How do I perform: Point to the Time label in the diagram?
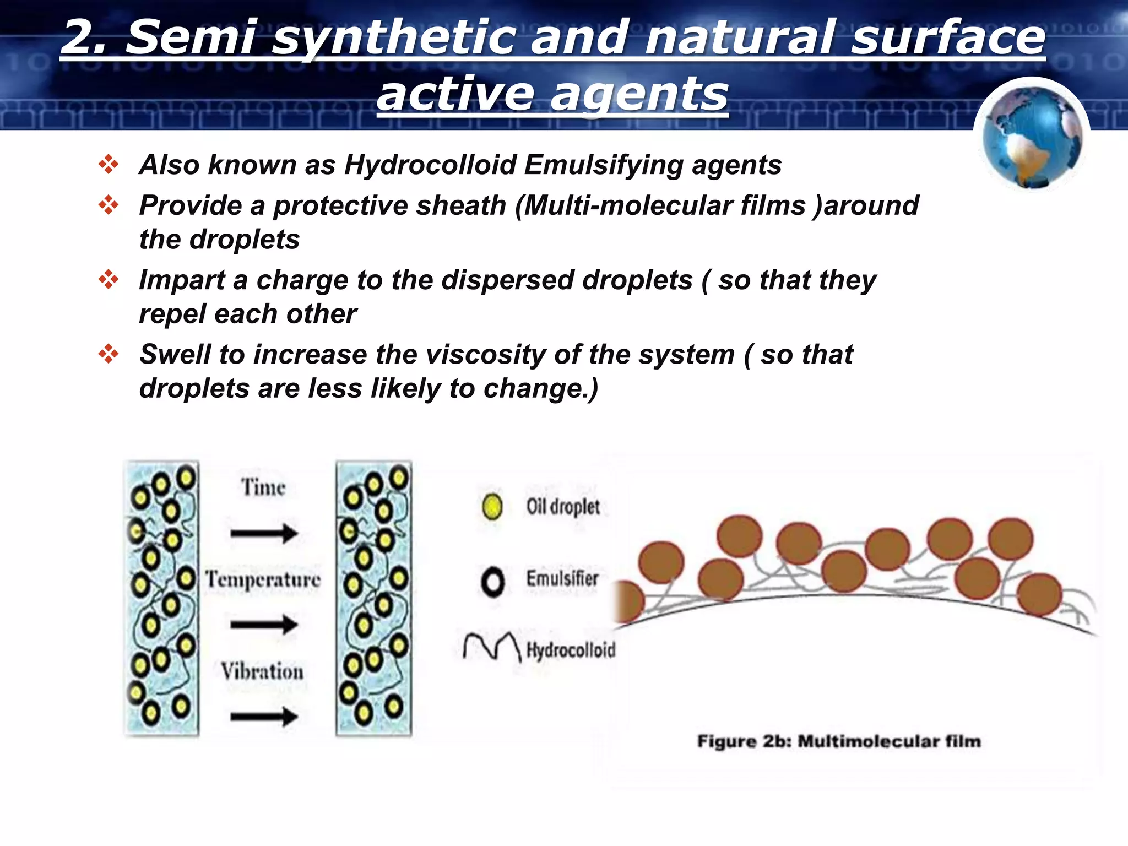pyautogui.click(x=263, y=488)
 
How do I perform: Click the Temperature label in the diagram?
pyautogui.click(x=263, y=580)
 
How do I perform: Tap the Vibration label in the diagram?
pyautogui.click(x=262, y=671)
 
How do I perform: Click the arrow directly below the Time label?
pyautogui.click(x=264, y=533)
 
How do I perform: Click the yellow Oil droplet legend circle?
pyautogui.click(x=492, y=506)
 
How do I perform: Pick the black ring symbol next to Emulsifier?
pyautogui.click(x=492, y=582)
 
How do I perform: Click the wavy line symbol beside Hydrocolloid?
pyautogui.click(x=491, y=646)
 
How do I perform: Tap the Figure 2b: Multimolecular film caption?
pyautogui.click(x=838, y=741)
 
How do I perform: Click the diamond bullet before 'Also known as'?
pyautogui.click(x=109, y=164)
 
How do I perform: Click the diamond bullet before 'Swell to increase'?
pyautogui.click(x=109, y=354)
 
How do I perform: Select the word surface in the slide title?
pyautogui.click(x=947, y=37)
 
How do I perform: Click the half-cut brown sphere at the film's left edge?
pyautogui.click(x=628, y=603)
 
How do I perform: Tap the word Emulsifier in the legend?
pyautogui.click(x=562, y=579)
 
